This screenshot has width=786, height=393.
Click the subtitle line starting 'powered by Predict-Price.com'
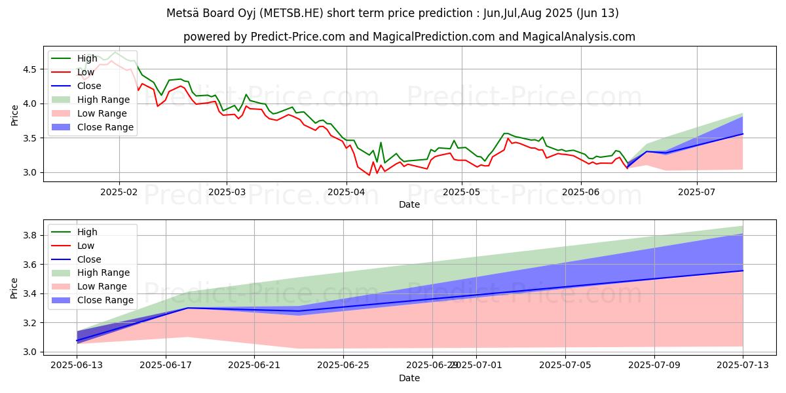pyautogui.click(x=409, y=37)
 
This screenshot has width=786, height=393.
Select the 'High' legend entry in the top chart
pyautogui.click(x=87, y=58)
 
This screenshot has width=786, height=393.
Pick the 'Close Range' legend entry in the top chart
pyautogui.click(x=105, y=127)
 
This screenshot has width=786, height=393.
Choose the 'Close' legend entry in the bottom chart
pyautogui.click(x=89, y=259)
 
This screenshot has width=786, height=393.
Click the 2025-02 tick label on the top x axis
pyautogui.click(x=119, y=193)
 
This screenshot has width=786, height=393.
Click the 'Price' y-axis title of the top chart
pyautogui.click(x=15, y=115)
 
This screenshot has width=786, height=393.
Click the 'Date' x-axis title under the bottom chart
pyautogui.click(x=409, y=378)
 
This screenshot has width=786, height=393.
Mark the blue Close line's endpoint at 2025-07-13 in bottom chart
pyautogui.click(x=743, y=271)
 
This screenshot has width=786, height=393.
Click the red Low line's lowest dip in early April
pyautogui.click(x=369, y=175)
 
